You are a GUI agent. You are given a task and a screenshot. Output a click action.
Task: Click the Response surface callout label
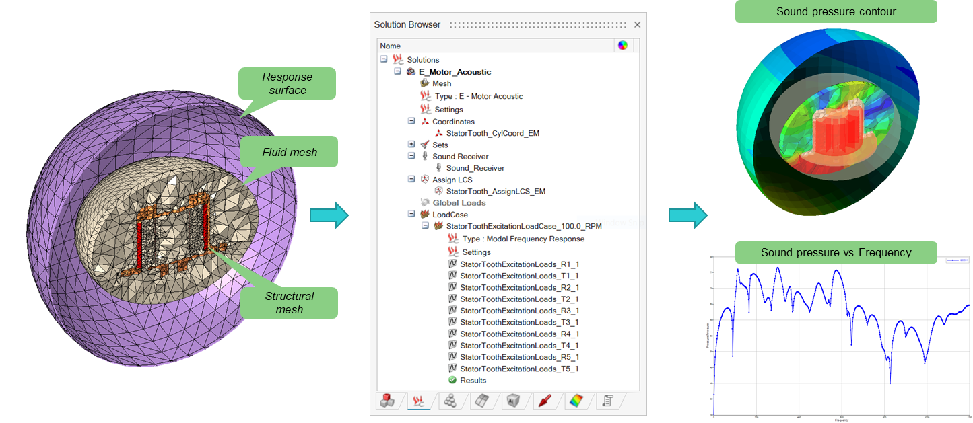click(x=288, y=83)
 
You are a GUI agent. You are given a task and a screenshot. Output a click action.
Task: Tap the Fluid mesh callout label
click(x=290, y=152)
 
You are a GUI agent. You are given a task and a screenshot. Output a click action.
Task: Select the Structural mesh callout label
click(x=290, y=303)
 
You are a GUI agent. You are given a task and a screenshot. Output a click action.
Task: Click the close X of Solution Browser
click(x=637, y=25)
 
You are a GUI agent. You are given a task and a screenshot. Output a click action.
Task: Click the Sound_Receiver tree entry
click(x=475, y=168)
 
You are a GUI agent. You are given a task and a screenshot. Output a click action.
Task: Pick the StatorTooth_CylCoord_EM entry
click(x=492, y=133)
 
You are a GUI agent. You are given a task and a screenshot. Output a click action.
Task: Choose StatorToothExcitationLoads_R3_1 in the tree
click(x=519, y=311)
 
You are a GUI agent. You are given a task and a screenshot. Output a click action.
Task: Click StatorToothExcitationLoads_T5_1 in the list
click(x=519, y=369)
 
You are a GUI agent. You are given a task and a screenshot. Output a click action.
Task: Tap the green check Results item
click(x=473, y=381)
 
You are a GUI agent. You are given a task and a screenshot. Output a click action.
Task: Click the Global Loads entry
click(x=459, y=202)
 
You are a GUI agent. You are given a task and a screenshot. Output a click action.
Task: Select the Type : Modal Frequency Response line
click(x=523, y=239)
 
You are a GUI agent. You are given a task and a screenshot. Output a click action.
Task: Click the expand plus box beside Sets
click(x=411, y=145)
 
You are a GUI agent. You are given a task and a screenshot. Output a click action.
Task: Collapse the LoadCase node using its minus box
click(x=411, y=215)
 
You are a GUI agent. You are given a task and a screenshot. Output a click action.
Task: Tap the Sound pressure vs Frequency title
click(x=836, y=253)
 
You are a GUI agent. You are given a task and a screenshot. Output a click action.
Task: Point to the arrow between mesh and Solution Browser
click(x=329, y=215)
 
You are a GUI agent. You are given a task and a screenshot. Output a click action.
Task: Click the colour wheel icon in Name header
click(x=623, y=46)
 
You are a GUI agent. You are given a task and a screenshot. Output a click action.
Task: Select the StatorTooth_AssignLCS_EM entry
click(x=496, y=191)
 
